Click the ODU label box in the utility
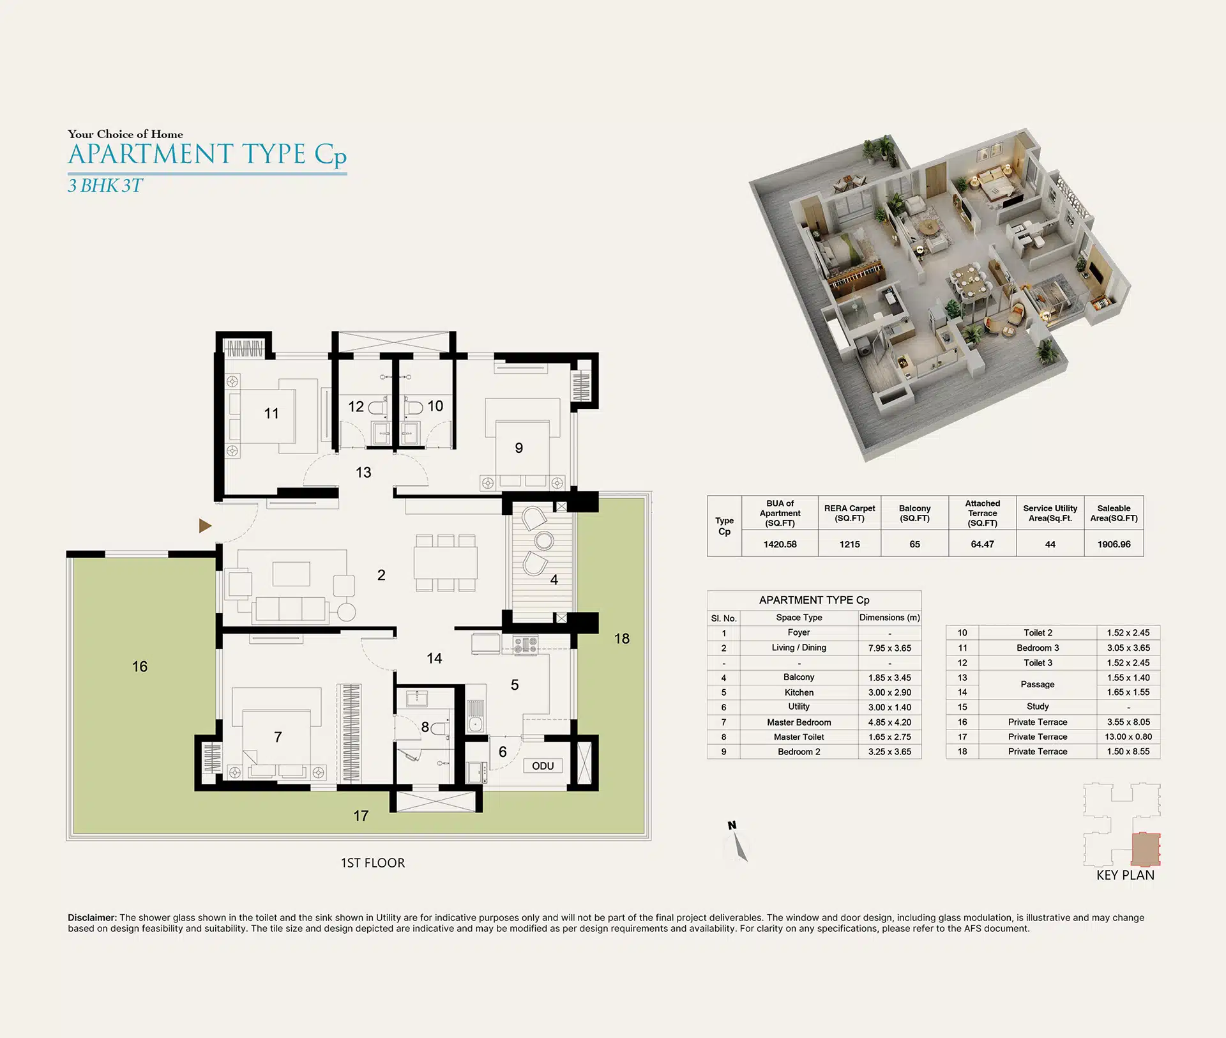[x=543, y=766]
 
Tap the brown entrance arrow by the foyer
[x=204, y=526]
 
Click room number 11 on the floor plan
[x=271, y=413]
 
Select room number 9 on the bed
[x=519, y=448]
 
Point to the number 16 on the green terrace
[x=140, y=667]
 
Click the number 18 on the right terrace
[x=622, y=639]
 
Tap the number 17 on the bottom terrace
[x=361, y=816]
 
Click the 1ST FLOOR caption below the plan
[x=373, y=863]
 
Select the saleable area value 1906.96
[x=1114, y=544]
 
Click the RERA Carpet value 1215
[x=849, y=544]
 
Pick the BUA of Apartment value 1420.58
[x=780, y=544]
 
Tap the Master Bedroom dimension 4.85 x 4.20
[x=889, y=722]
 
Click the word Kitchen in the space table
[x=799, y=692]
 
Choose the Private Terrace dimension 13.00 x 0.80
[x=1128, y=737]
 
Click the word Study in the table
[x=1038, y=706]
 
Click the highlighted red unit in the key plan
[x=1146, y=849]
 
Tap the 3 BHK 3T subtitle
[x=105, y=186]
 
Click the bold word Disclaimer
[x=93, y=918]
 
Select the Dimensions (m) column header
[x=889, y=618]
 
